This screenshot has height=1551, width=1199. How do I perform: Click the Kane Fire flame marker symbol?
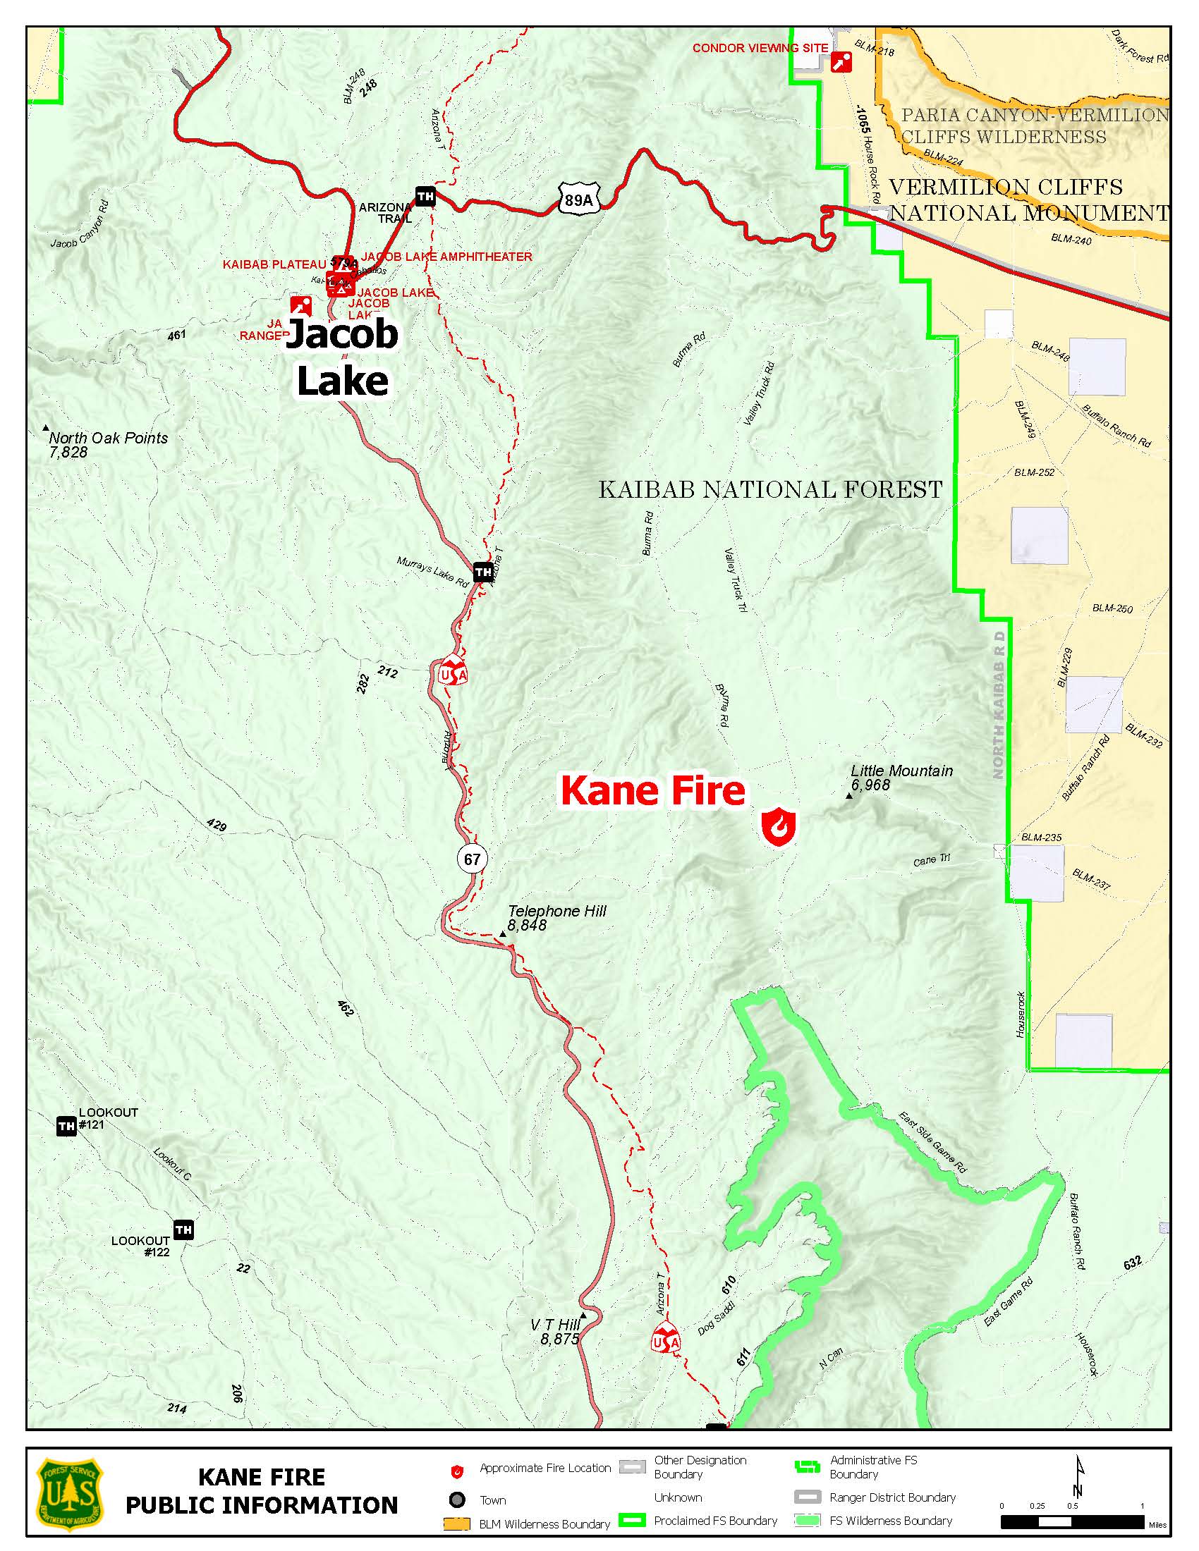(779, 827)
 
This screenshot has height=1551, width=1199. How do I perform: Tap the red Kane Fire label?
(653, 791)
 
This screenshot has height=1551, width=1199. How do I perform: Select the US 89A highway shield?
(579, 200)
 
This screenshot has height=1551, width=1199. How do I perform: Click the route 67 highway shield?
(473, 859)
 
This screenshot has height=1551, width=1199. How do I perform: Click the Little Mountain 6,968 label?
(901, 778)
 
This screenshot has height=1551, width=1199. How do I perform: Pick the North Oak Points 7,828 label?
(106, 444)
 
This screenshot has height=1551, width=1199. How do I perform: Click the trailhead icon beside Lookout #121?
(66, 1126)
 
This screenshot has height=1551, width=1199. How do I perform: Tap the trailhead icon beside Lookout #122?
(183, 1230)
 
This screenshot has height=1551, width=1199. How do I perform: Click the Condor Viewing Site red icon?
(841, 63)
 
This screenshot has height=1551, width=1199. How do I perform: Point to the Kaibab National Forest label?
(770, 489)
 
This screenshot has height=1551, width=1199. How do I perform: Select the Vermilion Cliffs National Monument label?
(1026, 200)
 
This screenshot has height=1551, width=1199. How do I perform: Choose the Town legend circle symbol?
(458, 1500)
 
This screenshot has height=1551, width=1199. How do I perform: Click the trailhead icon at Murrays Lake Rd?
(483, 571)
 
